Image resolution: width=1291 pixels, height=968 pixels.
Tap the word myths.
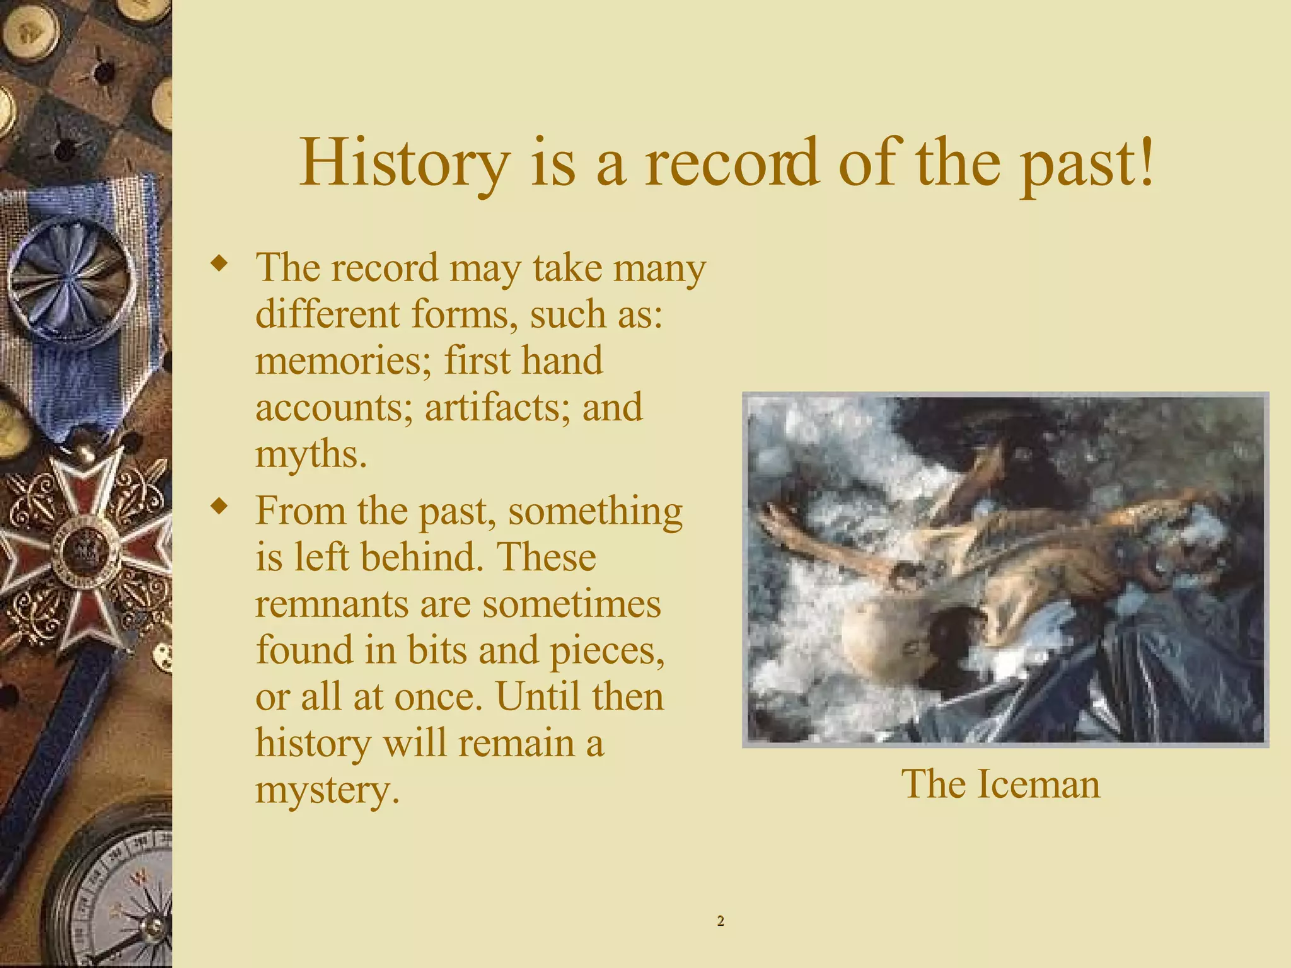(311, 455)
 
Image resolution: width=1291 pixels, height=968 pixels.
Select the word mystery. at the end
(327, 790)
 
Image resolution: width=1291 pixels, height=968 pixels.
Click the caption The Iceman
(1000, 784)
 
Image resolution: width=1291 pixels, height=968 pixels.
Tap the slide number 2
(721, 921)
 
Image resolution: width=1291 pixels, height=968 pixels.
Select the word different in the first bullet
(327, 314)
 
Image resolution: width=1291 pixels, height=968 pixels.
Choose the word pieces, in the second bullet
(607, 650)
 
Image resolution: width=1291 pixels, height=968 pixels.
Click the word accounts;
(334, 407)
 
